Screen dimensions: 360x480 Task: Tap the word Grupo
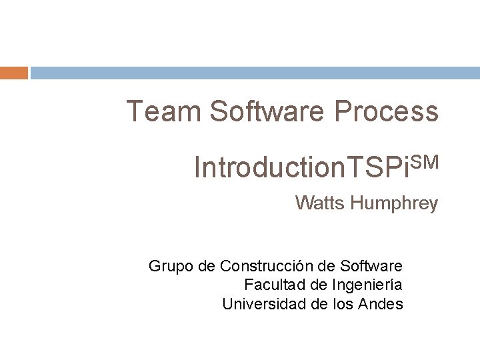click(171, 267)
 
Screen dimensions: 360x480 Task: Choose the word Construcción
click(269, 267)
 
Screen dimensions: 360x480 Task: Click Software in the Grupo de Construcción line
click(371, 267)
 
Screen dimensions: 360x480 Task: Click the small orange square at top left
click(14, 73)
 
